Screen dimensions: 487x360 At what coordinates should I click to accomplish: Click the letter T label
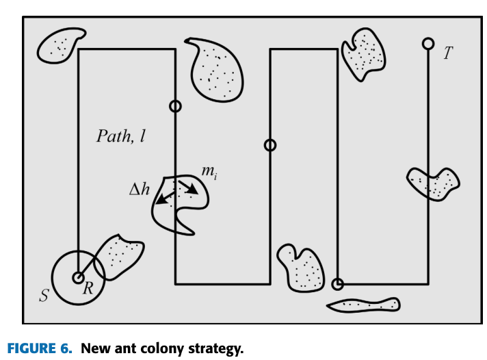tap(447, 53)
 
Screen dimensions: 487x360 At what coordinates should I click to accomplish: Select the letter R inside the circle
tap(88, 290)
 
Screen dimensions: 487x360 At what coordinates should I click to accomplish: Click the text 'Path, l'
tap(121, 136)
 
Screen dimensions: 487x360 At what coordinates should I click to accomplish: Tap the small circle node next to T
tap(428, 44)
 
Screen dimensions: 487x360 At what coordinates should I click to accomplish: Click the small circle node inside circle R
tap(79, 278)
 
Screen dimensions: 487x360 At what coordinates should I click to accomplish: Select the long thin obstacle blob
tap(363, 304)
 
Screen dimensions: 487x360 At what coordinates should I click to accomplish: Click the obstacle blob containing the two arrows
tap(179, 205)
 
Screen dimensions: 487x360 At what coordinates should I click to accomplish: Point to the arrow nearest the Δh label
tap(164, 198)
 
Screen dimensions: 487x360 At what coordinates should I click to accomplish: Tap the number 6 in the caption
tap(66, 348)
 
